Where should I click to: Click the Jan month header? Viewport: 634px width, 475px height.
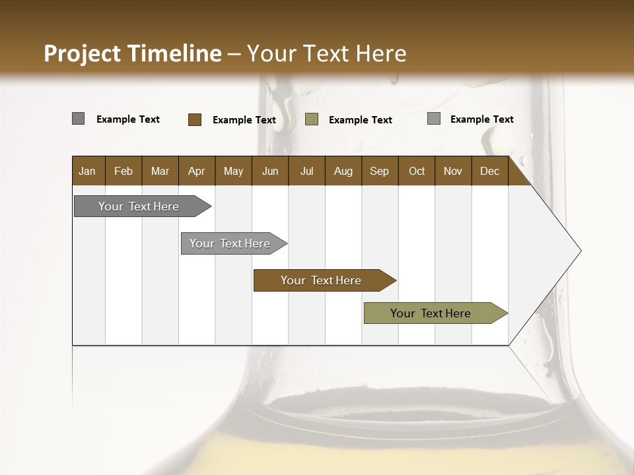tap(87, 171)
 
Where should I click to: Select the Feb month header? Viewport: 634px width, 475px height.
tap(123, 171)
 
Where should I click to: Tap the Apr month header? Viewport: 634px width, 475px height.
tap(196, 171)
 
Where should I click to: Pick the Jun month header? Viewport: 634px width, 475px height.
tap(270, 171)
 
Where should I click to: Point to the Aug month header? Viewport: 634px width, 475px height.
tap(343, 171)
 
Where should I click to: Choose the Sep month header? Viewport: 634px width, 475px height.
tap(379, 171)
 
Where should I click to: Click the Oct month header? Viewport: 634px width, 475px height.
tap(417, 171)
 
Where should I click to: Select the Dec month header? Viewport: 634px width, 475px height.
tap(489, 171)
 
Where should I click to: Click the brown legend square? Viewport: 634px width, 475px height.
tap(195, 119)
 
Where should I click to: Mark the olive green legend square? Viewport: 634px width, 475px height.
tap(312, 119)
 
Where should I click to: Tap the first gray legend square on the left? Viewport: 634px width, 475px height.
tap(79, 119)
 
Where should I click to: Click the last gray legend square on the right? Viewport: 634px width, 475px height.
tap(434, 119)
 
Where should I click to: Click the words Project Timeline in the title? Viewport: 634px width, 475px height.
tap(132, 53)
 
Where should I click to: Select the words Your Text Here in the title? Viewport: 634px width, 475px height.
tap(326, 53)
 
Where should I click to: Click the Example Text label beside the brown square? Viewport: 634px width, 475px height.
tap(244, 120)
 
